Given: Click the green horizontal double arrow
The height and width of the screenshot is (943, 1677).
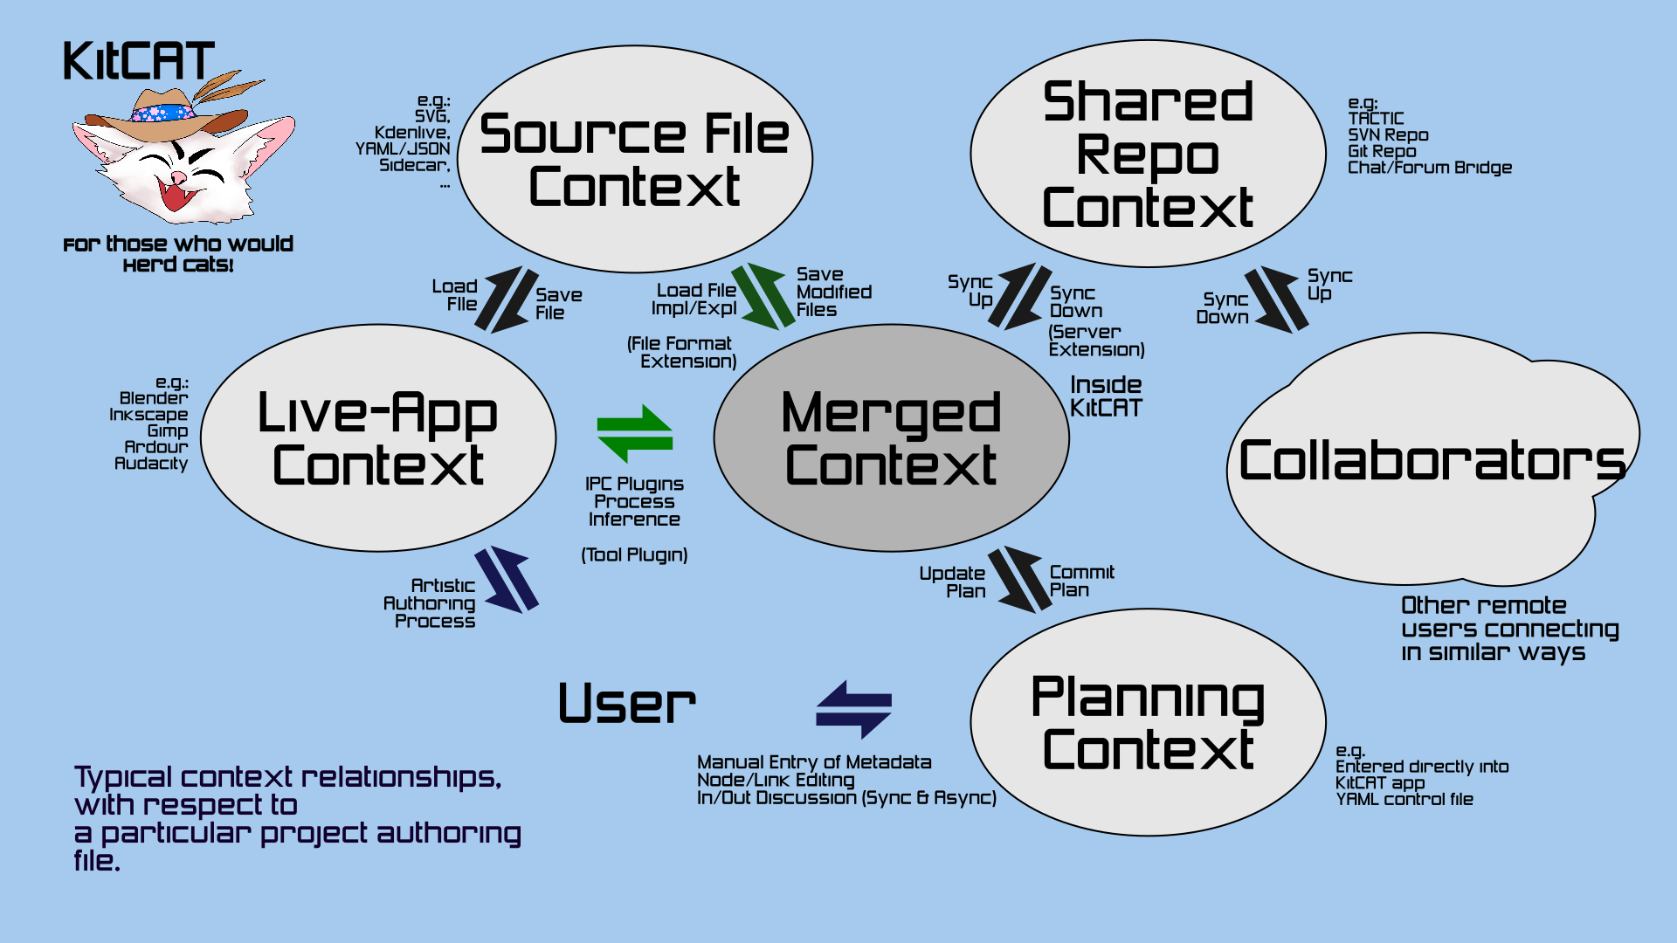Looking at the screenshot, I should [635, 433].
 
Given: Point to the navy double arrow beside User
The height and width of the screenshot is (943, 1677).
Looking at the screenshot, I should [853, 709].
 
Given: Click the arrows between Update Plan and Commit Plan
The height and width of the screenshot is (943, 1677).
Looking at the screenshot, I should [1018, 580].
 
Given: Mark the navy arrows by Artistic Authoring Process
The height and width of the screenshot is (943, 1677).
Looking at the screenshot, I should [507, 579].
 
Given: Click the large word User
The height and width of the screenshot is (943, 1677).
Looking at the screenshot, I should [627, 704].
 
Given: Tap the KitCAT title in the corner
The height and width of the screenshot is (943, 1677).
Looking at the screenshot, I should [139, 61].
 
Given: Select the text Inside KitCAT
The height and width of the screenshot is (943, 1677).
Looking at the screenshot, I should [1106, 396].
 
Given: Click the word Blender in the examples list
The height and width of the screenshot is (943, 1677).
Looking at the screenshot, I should [154, 398].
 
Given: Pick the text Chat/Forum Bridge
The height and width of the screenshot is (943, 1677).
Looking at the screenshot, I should [1430, 168].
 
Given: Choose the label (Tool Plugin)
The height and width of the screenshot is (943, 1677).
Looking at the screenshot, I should [635, 555].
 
